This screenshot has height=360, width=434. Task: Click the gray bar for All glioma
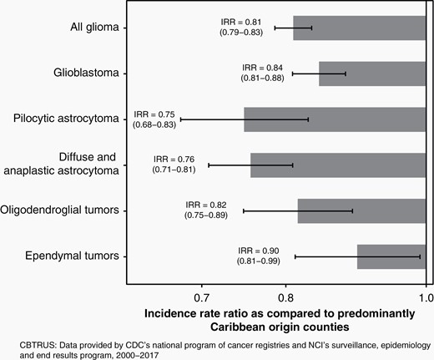tap(360, 28)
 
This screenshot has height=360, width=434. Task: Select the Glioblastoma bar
tap(372, 74)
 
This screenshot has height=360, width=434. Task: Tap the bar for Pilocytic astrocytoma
tap(335, 119)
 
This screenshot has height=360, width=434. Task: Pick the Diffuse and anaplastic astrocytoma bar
tap(338, 165)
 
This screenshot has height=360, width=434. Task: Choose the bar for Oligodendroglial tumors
tap(361, 211)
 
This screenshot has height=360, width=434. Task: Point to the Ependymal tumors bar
tap(391, 256)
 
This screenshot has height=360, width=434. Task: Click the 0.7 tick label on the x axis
tap(201, 298)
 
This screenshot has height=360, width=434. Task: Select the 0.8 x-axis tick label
tap(285, 298)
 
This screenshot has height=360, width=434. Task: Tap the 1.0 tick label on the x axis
tap(426, 298)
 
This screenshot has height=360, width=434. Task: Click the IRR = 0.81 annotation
tap(241, 23)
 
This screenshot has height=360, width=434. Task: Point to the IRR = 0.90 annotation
tap(259, 251)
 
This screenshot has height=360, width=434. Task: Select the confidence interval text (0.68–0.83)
tap(154, 124)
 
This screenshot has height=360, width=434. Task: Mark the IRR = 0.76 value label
tap(174, 160)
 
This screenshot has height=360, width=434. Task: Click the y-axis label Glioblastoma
tap(86, 73)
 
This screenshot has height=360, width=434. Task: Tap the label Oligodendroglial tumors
tap(59, 210)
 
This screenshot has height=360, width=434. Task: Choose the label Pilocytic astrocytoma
tap(66, 119)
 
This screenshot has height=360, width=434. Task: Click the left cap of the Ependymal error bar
tap(295, 256)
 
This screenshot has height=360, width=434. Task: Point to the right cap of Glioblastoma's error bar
tap(346, 74)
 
